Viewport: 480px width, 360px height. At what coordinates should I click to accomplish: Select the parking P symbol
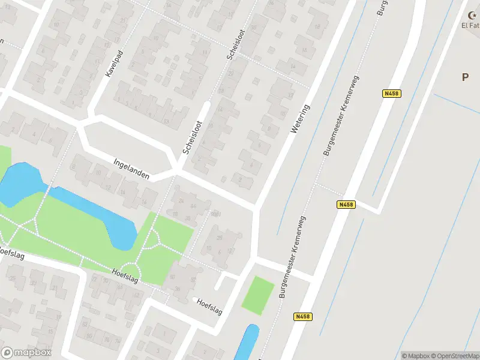coord(465,77)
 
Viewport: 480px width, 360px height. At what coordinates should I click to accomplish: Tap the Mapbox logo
coord(26,352)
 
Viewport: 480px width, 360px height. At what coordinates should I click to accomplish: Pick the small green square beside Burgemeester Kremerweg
coord(257,295)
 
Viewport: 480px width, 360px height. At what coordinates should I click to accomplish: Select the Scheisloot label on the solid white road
coord(193,138)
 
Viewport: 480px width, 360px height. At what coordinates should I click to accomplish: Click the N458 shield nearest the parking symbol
coord(391,93)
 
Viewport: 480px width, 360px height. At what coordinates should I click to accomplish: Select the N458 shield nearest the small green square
coord(303,316)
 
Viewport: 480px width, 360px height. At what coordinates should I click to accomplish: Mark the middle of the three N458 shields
coord(346,205)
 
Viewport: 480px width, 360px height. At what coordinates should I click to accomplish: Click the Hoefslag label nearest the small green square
coord(209,306)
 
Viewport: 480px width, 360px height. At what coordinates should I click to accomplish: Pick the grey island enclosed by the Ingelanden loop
coord(130,148)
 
